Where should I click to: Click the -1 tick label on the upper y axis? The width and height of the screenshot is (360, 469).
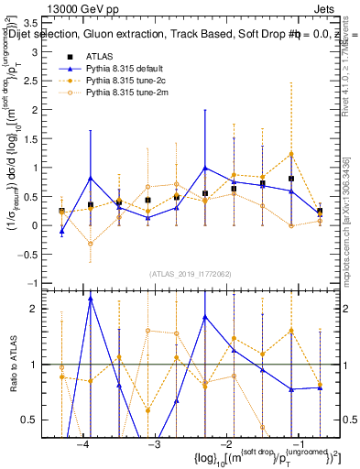coord(38,283)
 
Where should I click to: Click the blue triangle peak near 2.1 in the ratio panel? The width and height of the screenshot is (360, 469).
coord(91,299)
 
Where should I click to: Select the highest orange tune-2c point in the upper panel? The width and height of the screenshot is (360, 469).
coord(291,154)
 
